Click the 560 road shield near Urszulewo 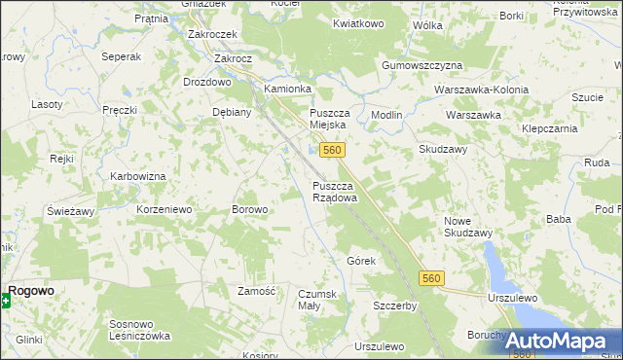434,279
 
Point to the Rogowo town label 32,290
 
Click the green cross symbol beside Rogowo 5,301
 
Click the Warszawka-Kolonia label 481,90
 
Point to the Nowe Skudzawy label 467,227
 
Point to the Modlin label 386,115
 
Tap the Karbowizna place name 135,178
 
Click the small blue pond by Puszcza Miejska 311,151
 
